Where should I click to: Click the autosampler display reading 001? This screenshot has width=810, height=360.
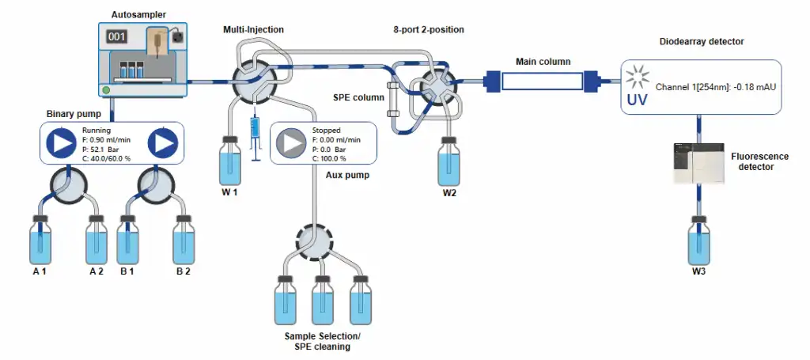[x=117, y=36]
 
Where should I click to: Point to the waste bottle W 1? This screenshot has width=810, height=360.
[x=230, y=161]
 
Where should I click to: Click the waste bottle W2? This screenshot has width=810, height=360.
[x=449, y=161]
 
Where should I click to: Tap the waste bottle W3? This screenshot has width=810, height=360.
[x=698, y=242]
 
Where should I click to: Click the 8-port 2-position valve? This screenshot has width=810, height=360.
[x=433, y=83]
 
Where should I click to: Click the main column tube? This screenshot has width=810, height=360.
[x=542, y=80]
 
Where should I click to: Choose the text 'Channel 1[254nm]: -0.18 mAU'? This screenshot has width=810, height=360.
[x=713, y=85]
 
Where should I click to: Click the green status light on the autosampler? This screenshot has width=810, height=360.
[x=106, y=89]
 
